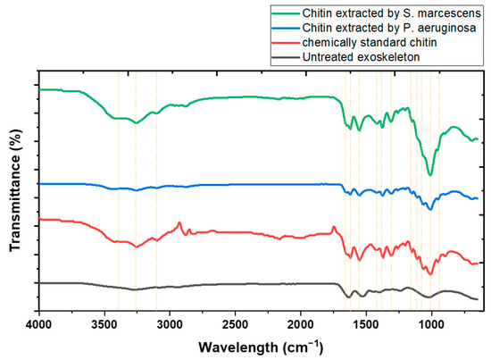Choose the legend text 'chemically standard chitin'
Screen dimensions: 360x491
point(375,43)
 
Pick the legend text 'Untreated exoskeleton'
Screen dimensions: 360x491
point(365,58)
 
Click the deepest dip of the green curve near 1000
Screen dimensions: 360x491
point(430,175)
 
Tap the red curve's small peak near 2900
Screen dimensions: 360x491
point(179,222)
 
